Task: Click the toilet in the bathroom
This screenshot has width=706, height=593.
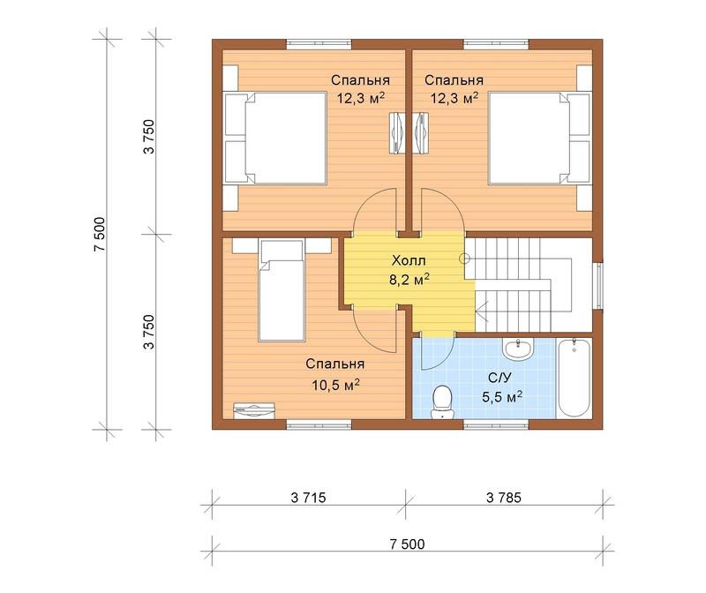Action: click(x=442, y=402)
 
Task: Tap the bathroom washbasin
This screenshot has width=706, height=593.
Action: click(x=518, y=349)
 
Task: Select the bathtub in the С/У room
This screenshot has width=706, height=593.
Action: click(x=574, y=378)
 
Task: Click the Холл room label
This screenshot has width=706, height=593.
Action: click(x=409, y=260)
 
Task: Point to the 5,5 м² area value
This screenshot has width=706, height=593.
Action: click(x=502, y=397)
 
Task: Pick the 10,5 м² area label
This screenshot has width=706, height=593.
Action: click(x=335, y=385)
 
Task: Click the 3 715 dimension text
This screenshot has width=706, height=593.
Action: click(x=308, y=498)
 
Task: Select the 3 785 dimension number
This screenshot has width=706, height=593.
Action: click(x=504, y=498)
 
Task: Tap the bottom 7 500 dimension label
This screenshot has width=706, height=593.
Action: click(x=407, y=544)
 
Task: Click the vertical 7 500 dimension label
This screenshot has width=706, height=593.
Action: click(x=100, y=234)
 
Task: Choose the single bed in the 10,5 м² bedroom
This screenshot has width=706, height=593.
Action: click(x=282, y=290)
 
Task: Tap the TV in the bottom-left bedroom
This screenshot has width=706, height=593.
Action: click(x=254, y=410)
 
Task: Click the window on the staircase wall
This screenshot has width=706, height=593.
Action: click(x=599, y=286)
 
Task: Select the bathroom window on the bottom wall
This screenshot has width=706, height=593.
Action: click(x=496, y=424)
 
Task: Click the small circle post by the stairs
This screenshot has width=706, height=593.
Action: click(x=465, y=259)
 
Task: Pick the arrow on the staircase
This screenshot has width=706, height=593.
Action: click(x=483, y=310)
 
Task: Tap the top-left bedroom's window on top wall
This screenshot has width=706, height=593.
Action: click(x=319, y=43)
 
